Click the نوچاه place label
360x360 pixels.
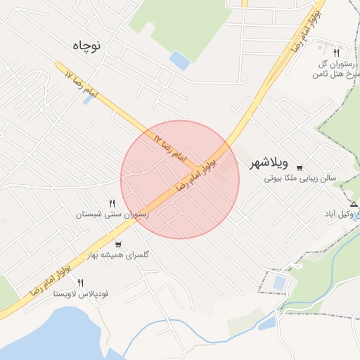coord(86,46)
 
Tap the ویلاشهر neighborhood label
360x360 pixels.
coord(269,164)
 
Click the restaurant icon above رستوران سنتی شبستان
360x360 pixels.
coord(112,202)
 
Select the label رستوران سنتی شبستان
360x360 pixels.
coord(112,213)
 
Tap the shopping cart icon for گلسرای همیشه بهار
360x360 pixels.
coord(117,244)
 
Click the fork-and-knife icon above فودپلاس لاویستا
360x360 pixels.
coord(81,283)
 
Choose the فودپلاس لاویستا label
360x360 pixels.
coord(80,295)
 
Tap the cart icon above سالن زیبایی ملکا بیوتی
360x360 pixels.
coord(300,167)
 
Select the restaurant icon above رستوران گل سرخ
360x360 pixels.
coord(336,53)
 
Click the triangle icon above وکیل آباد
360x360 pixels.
coord(354,203)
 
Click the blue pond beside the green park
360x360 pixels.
coord(180,61)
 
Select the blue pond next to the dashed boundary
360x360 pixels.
coord(280,283)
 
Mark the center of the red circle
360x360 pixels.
coord(180,179)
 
